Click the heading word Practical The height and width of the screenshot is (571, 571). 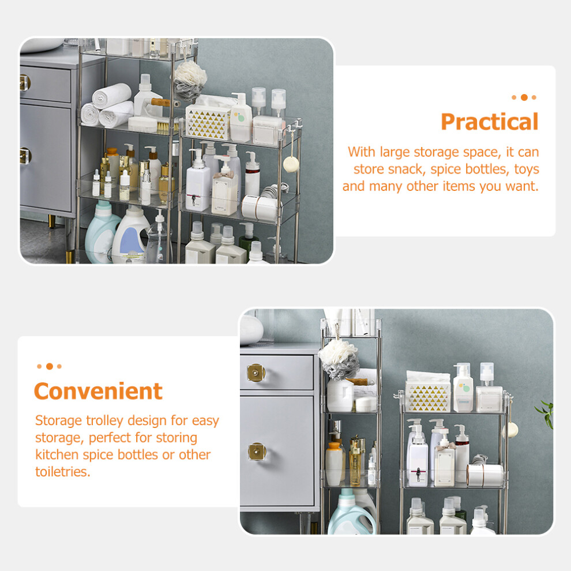pos(490,122)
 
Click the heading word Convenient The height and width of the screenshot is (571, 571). pos(98,391)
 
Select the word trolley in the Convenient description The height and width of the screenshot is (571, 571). pos(104,420)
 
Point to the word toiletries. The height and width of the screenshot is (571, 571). pos(62,472)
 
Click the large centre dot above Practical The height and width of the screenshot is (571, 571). pos(524,97)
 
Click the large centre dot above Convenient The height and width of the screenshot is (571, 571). pos(50,366)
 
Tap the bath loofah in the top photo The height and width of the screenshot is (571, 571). pos(190,81)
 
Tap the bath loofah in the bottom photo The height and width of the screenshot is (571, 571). pos(339,359)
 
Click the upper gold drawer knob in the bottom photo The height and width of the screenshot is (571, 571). pos(256,373)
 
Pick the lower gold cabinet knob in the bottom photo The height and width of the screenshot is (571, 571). pos(257,452)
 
